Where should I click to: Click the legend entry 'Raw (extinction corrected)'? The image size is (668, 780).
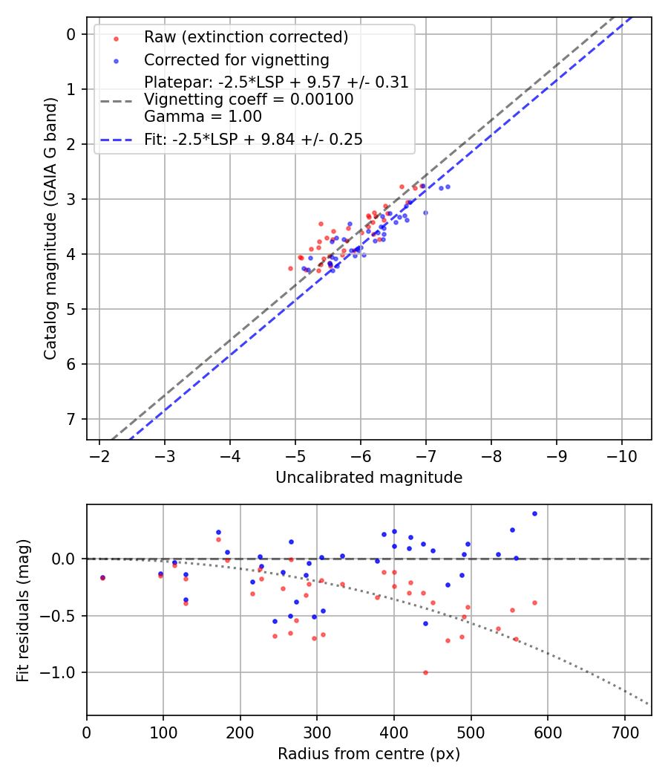pyautogui.click(x=246, y=37)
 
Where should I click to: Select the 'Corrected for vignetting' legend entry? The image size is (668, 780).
pyautogui.click(x=236, y=59)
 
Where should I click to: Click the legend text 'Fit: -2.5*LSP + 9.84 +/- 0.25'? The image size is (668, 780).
pyautogui.click(x=253, y=139)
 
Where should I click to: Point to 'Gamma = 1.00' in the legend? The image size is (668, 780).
pyautogui.click(x=203, y=116)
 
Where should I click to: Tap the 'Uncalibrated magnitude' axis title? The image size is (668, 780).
pyautogui.click(x=369, y=478)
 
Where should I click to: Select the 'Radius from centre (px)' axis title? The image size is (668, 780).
pyautogui.click(x=369, y=754)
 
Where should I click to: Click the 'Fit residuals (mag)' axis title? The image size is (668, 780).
pyautogui.click(x=23, y=610)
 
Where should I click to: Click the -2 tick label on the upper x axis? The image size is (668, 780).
pyautogui.click(x=99, y=455)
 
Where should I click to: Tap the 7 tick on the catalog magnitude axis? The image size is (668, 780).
pyautogui.click(x=71, y=419)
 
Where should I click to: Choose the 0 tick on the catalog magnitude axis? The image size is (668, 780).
pyautogui.click(x=71, y=34)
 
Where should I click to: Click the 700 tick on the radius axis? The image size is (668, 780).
pyautogui.click(x=624, y=731)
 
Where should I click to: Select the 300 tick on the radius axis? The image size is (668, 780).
pyautogui.click(x=317, y=731)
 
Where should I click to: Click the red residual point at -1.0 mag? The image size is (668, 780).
pyautogui.click(x=425, y=672)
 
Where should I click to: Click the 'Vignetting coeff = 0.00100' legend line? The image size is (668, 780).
pyautogui.click(x=249, y=100)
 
